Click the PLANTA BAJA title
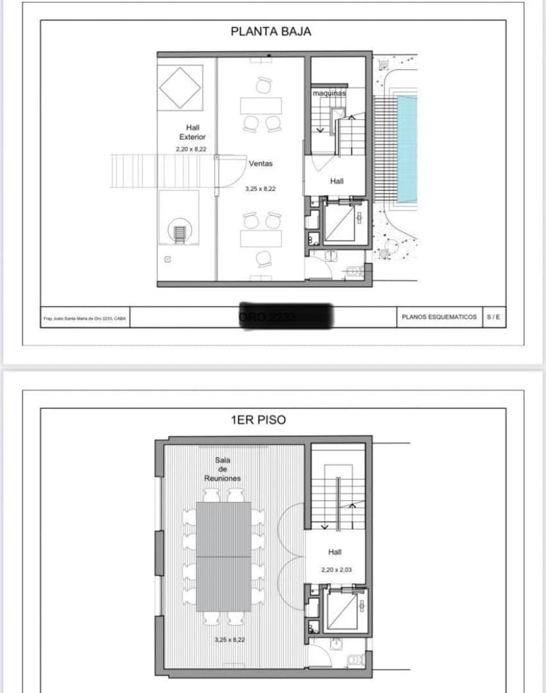click(x=270, y=31)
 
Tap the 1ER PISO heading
click(x=258, y=419)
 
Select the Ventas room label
click(x=260, y=163)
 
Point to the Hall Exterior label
click(x=192, y=132)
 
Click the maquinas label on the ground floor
click(x=329, y=94)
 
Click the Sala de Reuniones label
click(x=222, y=469)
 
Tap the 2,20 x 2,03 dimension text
click(x=334, y=570)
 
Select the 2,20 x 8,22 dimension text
click(x=191, y=150)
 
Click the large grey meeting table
click(x=224, y=556)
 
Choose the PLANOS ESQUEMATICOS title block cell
click(x=439, y=317)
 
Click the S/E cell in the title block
click(x=493, y=317)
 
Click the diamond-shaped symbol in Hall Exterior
click(x=179, y=87)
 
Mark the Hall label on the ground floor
click(x=336, y=181)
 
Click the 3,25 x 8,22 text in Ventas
click(x=260, y=189)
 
